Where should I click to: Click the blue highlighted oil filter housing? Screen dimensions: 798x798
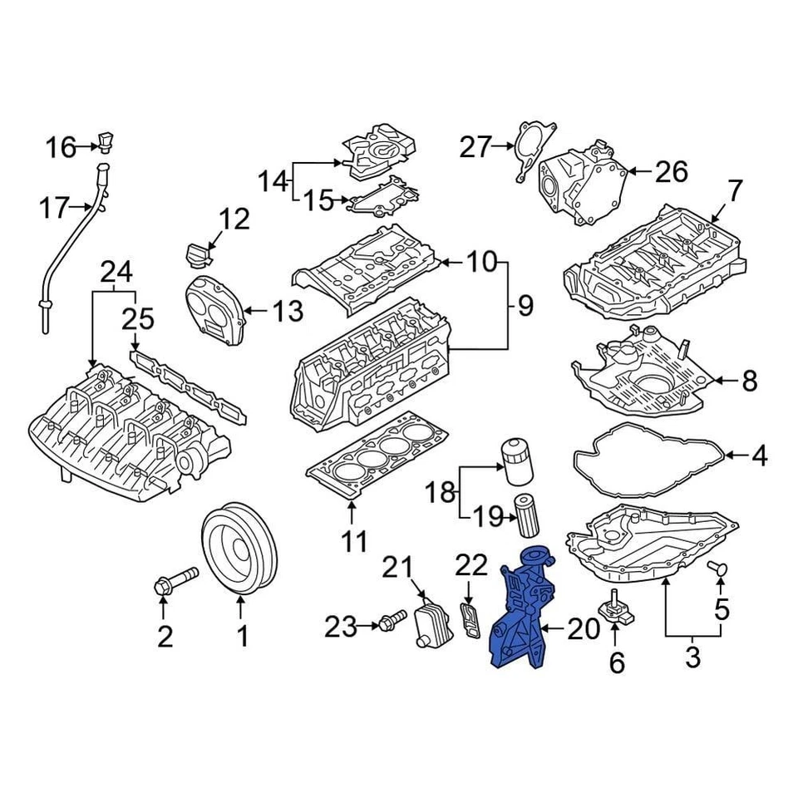[520, 615]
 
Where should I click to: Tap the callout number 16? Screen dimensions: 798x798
[61, 148]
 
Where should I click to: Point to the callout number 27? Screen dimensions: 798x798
[476, 147]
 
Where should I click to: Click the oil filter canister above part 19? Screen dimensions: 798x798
[515, 461]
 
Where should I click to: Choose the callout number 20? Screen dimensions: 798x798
[583, 629]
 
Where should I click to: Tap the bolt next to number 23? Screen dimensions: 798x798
[392, 622]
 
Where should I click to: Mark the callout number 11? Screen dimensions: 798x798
[354, 542]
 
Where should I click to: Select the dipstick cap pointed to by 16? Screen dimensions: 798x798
[105, 142]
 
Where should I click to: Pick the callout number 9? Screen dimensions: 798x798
[525, 307]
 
